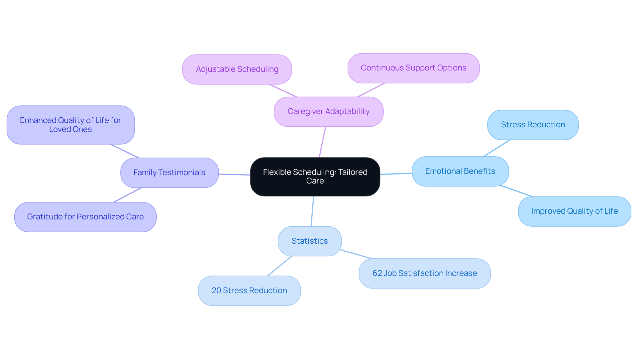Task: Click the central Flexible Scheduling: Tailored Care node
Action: click(315, 177)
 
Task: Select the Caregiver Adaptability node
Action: click(328, 112)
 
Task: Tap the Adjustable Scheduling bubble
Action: click(237, 69)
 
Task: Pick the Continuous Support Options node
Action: click(413, 68)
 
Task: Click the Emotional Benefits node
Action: click(460, 171)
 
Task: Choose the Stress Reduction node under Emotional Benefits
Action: click(533, 125)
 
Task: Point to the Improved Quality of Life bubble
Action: click(574, 211)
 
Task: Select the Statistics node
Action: click(309, 241)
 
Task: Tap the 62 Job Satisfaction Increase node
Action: click(424, 273)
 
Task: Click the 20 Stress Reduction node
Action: click(249, 291)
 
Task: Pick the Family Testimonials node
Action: click(169, 173)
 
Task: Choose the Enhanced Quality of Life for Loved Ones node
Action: click(70, 125)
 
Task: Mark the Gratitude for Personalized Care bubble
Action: click(85, 217)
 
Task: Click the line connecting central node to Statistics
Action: click(312, 211)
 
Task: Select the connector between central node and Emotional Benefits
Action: click(396, 174)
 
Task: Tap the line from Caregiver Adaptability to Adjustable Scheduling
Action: click(283, 91)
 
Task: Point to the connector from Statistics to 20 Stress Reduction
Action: click(280, 266)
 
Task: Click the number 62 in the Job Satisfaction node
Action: click(377, 273)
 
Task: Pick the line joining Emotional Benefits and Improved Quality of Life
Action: click(516, 191)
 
